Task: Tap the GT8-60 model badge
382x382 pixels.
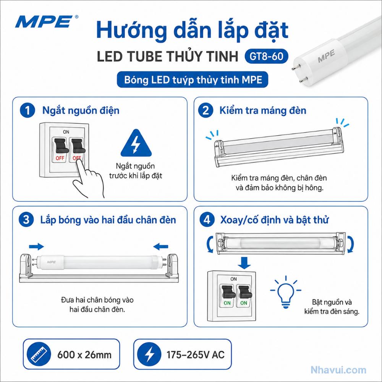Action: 266,57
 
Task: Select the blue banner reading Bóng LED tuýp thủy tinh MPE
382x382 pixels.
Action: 193,80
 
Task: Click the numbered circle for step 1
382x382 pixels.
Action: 27,110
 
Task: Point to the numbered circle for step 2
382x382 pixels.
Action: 206,110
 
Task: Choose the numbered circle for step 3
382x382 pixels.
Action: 26,220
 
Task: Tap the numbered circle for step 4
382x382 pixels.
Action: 207,220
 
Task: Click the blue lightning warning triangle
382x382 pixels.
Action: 136,144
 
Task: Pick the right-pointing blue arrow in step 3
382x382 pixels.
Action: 37,246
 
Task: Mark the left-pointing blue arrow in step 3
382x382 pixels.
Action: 160,246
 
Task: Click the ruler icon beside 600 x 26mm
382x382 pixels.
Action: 39,354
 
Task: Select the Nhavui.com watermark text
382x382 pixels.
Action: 338,370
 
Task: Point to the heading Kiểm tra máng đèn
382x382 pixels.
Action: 263,111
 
